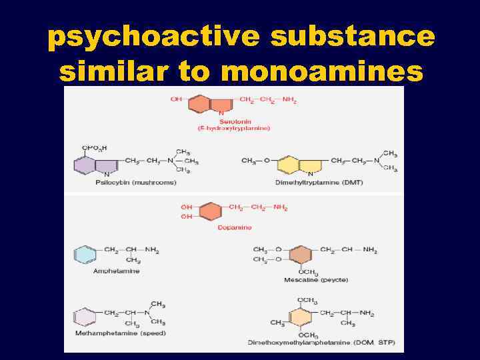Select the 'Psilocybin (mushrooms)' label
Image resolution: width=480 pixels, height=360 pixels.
[x=127, y=181]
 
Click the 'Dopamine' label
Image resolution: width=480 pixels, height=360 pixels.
[x=234, y=227]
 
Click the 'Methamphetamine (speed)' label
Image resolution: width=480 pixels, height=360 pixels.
[x=121, y=333]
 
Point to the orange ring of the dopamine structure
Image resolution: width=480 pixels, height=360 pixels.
[x=211, y=211]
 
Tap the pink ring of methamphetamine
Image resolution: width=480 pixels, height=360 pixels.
[x=85, y=315]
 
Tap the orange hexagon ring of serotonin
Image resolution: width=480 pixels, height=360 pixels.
[x=201, y=104]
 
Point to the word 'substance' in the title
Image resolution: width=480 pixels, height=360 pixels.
[x=353, y=38]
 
